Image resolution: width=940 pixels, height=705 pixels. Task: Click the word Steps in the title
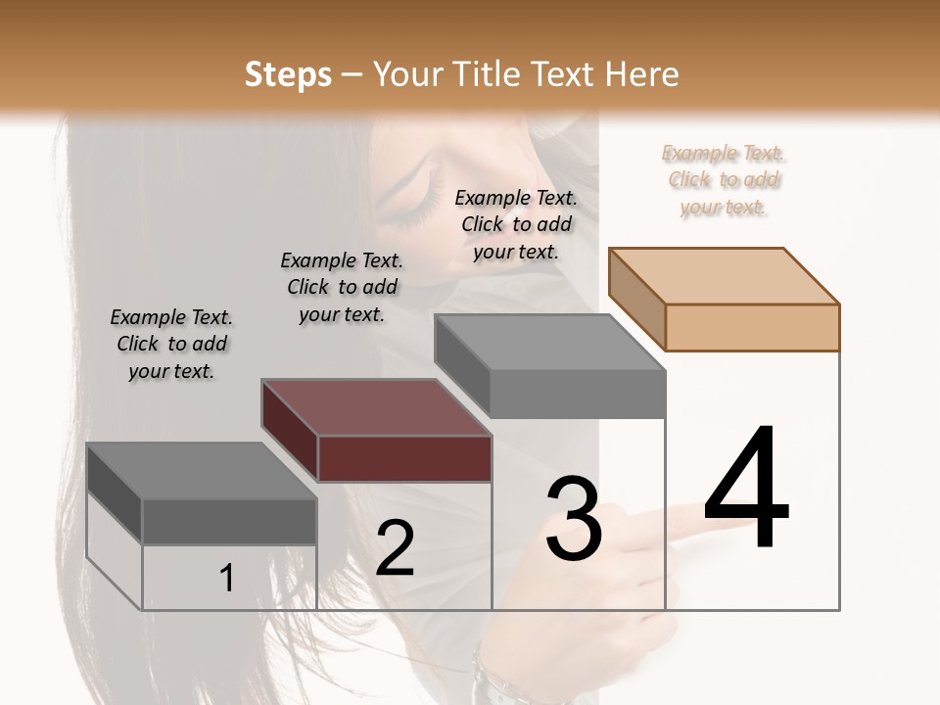point(287,74)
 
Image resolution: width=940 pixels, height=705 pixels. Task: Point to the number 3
point(574,518)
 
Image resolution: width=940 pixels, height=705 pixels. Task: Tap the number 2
point(395,548)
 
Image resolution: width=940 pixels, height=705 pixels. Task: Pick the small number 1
point(227,579)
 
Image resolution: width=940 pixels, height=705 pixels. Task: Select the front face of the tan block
point(752,327)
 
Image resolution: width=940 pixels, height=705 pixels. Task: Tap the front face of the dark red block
point(404,458)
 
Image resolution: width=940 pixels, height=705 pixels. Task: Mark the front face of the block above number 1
point(229,521)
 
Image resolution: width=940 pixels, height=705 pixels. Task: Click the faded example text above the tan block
point(724,180)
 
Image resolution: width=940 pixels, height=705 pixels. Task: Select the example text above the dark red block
point(342,287)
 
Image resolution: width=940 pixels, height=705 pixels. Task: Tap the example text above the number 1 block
point(171,344)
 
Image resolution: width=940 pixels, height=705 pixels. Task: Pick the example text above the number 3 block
point(516,224)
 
